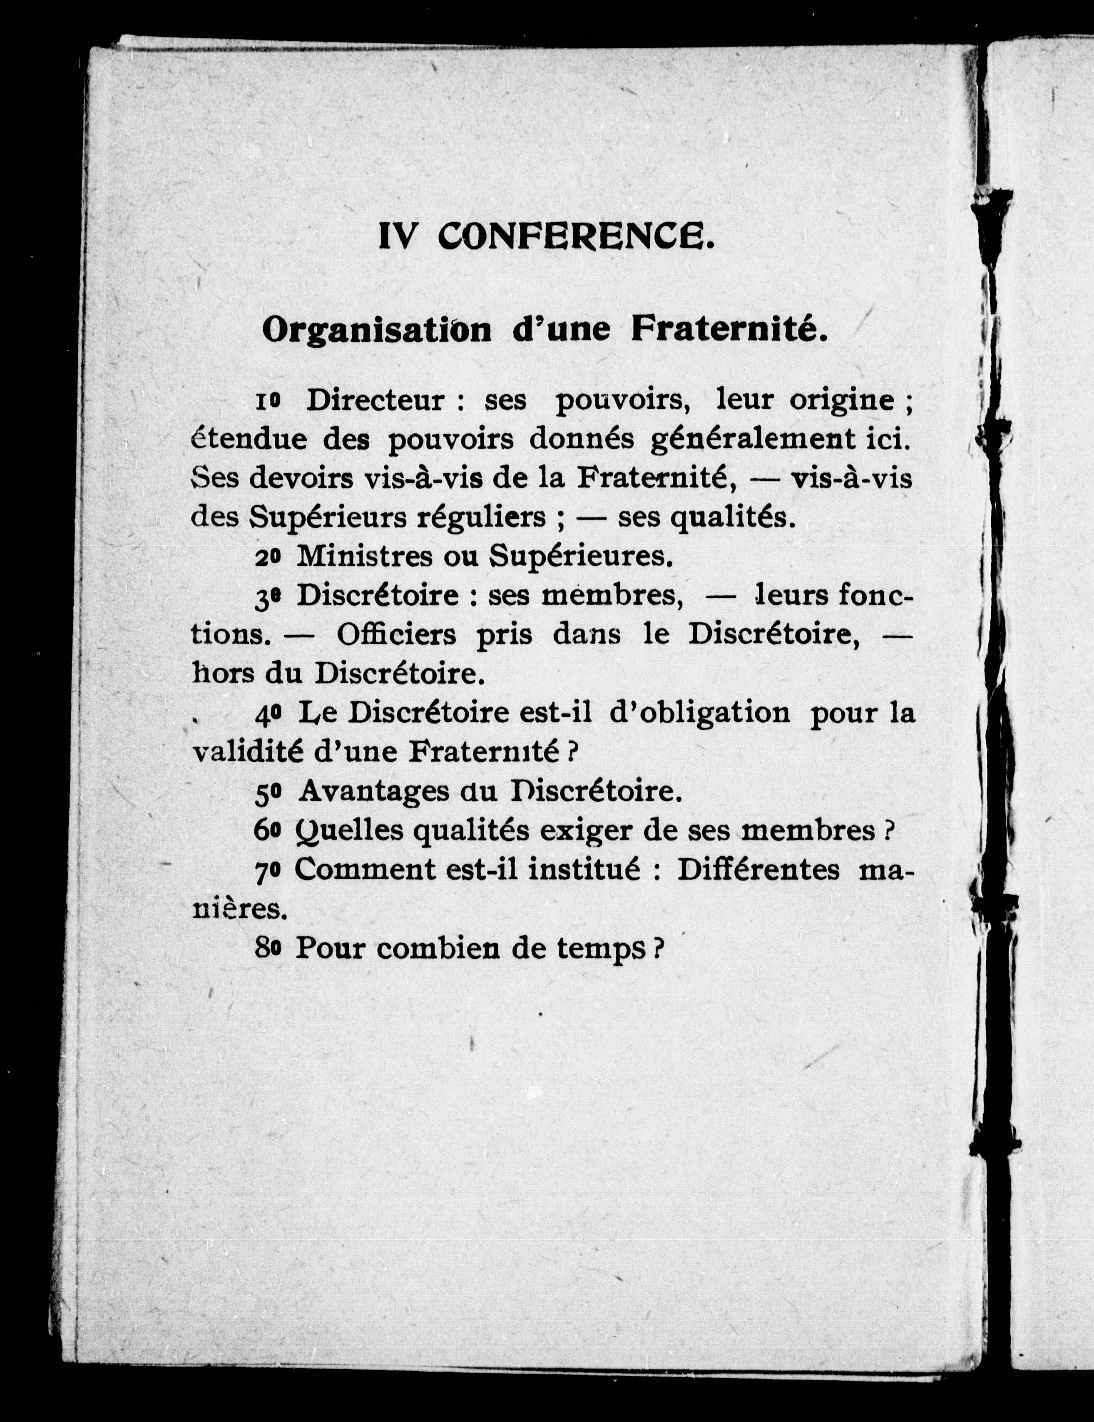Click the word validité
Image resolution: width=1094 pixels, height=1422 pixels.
click(x=247, y=752)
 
